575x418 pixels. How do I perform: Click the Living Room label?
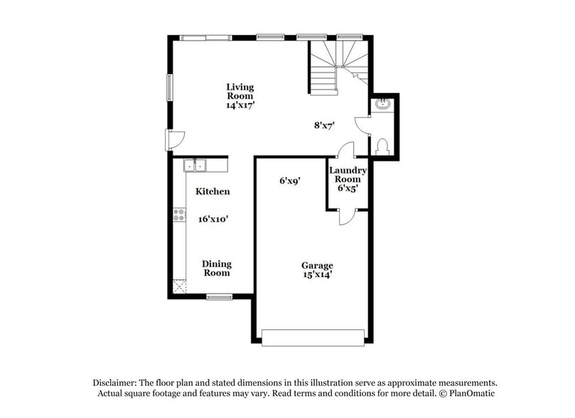240,91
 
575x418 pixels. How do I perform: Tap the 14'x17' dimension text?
240,104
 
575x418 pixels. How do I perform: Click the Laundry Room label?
348,175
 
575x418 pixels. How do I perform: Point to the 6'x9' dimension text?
289,181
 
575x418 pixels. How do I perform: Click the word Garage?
316,265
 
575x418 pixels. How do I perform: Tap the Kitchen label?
213,191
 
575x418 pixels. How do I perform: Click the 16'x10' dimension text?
213,219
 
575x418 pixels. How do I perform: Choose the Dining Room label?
217,268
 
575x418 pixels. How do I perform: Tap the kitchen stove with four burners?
179,215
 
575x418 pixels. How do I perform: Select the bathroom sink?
385,104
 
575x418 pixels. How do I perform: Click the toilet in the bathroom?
382,146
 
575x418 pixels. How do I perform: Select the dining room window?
220,296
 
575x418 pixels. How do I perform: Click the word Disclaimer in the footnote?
117,382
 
